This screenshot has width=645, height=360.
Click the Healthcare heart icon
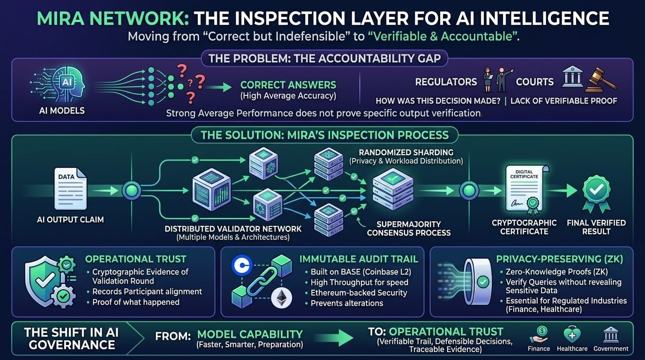click(572, 334)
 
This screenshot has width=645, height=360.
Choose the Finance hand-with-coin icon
click(539, 334)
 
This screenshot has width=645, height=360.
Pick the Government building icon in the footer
click(610, 334)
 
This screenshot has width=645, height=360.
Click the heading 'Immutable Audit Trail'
click(359, 259)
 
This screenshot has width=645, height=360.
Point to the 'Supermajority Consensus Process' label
click(408, 228)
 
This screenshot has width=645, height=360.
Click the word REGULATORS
click(446, 82)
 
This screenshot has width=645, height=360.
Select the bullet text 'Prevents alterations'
click(346, 303)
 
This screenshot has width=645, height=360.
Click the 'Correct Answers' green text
click(288, 85)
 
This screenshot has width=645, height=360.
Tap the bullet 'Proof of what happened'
click(135, 302)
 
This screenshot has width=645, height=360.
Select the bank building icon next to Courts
click(572, 77)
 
